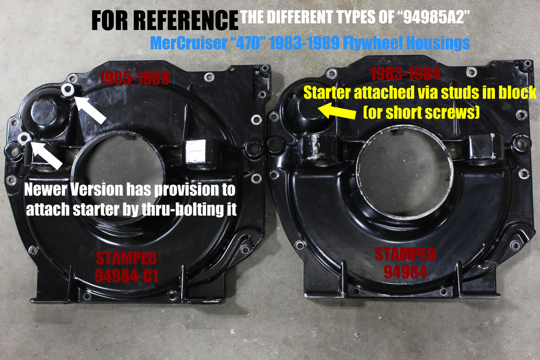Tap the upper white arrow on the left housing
(x=90, y=110)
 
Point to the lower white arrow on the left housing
(x=46, y=155)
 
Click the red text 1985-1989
(x=134, y=79)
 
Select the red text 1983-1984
(x=406, y=74)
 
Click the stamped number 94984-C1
(x=127, y=276)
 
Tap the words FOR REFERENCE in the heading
(x=165, y=20)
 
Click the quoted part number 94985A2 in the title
(x=436, y=17)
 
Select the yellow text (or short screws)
(x=421, y=112)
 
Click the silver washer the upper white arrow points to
(x=68, y=90)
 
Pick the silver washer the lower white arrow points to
(x=24, y=138)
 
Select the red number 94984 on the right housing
(x=405, y=272)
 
